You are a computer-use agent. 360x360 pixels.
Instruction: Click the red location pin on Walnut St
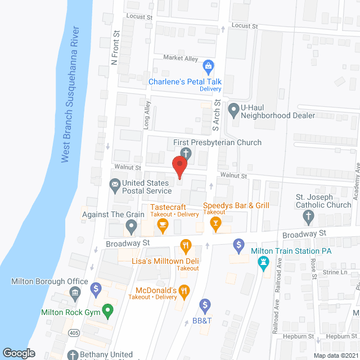(179, 167)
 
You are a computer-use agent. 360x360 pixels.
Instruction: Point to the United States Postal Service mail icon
(115, 183)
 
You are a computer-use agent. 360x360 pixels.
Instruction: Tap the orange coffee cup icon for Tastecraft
(163, 226)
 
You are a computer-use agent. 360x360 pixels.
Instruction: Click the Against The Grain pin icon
(131, 227)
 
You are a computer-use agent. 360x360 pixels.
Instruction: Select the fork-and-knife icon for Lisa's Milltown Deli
(186, 245)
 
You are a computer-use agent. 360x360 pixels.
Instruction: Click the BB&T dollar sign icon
(205, 306)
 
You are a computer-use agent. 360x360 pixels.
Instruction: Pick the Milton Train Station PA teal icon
(263, 262)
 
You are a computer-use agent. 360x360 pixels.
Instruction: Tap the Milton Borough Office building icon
(74, 292)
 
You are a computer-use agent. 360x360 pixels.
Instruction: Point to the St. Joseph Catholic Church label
(323, 201)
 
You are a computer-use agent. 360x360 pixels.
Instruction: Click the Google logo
(19, 353)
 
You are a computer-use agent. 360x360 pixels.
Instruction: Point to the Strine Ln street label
(336, 272)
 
